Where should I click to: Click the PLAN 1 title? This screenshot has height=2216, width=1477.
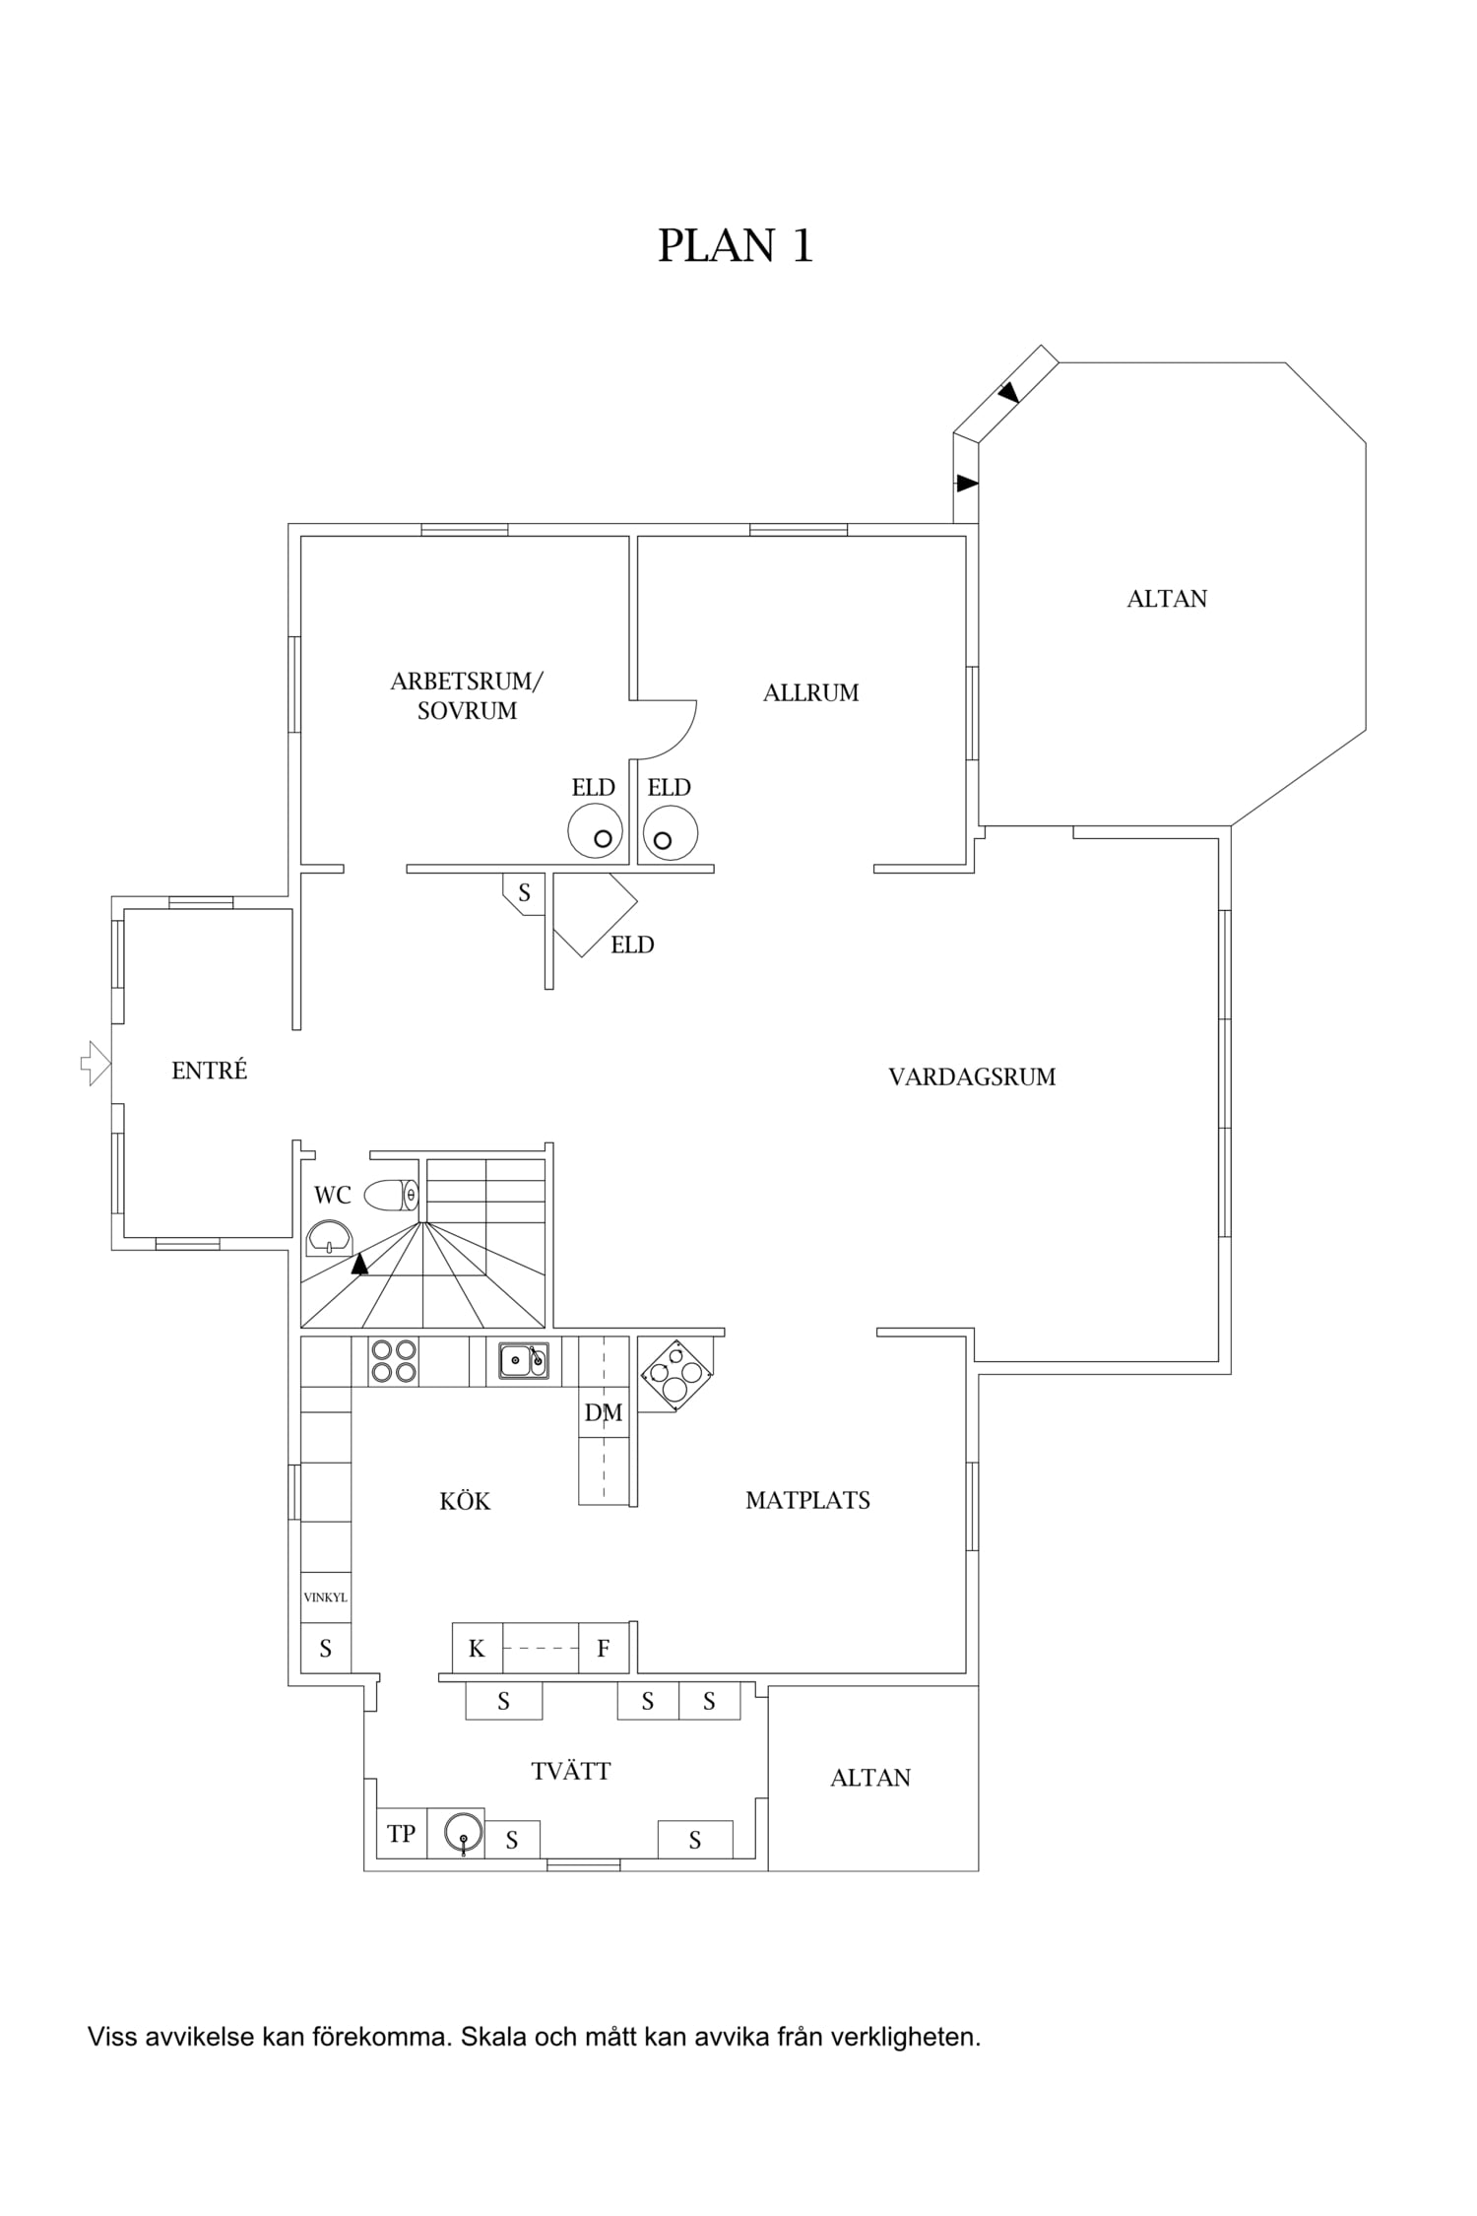pos(736,246)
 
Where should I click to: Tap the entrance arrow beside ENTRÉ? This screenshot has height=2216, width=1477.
pos(96,1063)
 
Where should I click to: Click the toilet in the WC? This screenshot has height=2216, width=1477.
pos(392,1195)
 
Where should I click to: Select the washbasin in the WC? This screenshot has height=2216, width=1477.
pos(329,1237)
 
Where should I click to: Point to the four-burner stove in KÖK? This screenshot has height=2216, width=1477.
pos(393,1360)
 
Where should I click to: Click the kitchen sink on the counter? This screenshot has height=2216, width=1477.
pos(524,1360)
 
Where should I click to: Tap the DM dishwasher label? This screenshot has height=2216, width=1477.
pos(604,1412)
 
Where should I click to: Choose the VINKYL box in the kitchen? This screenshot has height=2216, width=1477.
pos(325,1597)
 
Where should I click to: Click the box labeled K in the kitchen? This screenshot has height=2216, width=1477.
pos(478,1648)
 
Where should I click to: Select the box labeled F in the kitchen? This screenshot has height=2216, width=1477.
pos(604,1648)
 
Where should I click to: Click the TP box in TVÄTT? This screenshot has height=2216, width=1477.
pos(402,1834)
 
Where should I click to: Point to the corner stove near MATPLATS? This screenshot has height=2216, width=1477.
pos(675,1375)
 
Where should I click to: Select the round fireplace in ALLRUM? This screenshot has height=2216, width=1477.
pos(671,832)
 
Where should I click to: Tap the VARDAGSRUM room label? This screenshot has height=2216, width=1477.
pos(972,1076)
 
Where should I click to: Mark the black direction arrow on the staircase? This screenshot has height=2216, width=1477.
pos(360,1263)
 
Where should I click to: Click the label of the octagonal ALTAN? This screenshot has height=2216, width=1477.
pos(1167,599)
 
